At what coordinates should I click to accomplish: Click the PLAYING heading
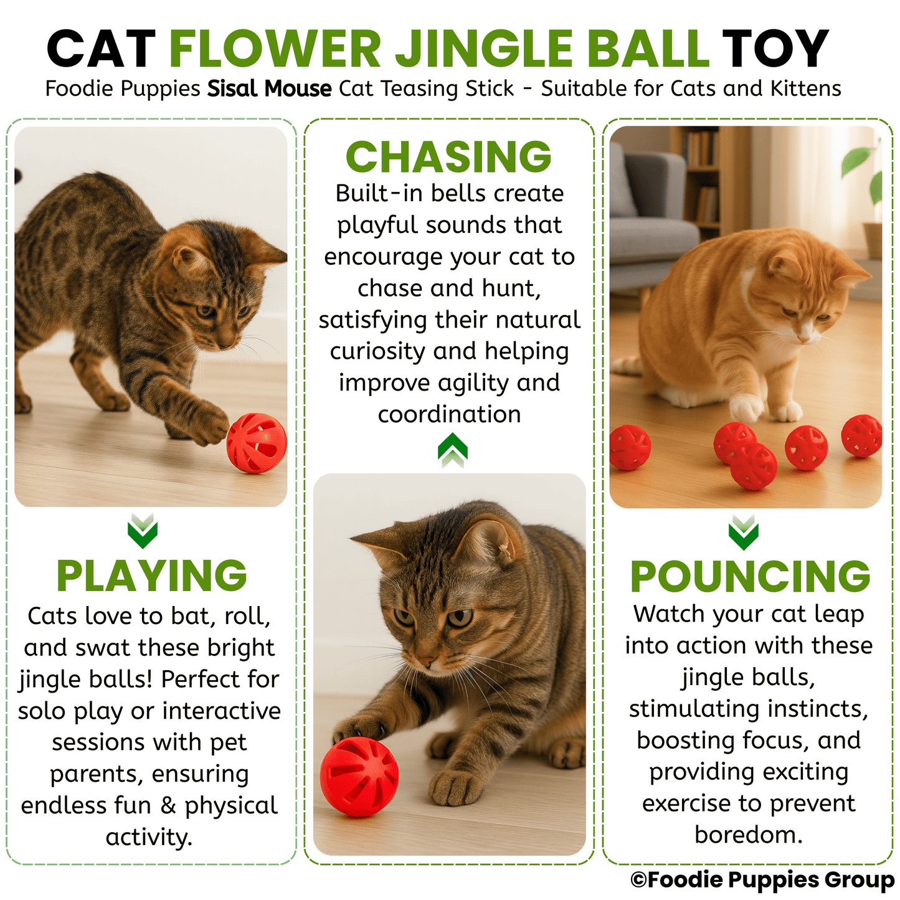pyautogui.click(x=151, y=576)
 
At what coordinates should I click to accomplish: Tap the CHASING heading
pyautogui.click(x=448, y=157)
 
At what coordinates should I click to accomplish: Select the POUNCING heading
pyautogui.click(x=750, y=577)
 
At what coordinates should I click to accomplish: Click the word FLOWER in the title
pyautogui.click(x=275, y=49)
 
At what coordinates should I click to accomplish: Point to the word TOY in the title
pyautogui.click(x=775, y=49)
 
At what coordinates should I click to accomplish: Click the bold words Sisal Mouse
pyautogui.click(x=269, y=89)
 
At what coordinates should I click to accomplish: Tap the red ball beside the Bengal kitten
pyautogui.click(x=257, y=443)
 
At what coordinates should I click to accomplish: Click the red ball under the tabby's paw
pyautogui.click(x=359, y=777)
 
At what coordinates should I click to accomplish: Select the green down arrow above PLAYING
pyautogui.click(x=142, y=531)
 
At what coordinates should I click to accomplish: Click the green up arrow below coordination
pyautogui.click(x=452, y=450)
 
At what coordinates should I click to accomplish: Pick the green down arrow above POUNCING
pyautogui.click(x=744, y=532)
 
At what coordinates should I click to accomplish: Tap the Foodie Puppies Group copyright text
pyautogui.click(x=762, y=879)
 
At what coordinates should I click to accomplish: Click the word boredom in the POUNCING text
pyautogui.click(x=747, y=835)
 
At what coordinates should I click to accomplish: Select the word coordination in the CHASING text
pyautogui.click(x=449, y=414)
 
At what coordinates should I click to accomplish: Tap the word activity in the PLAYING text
pyautogui.click(x=148, y=836)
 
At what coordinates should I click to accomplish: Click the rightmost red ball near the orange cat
pyautogui.click(x=862, y=435)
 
